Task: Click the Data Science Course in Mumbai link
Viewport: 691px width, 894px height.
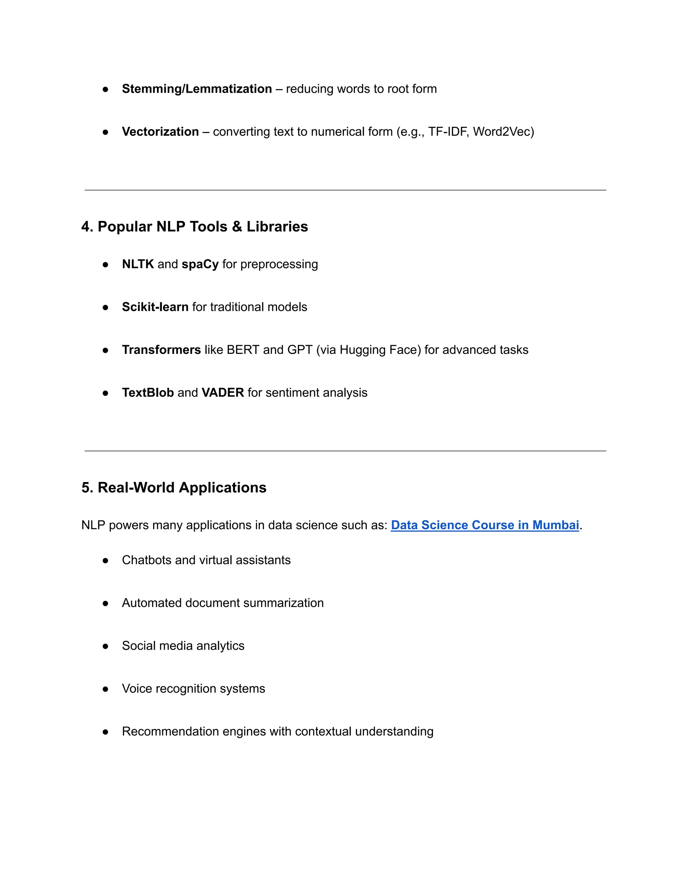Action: point(485,525)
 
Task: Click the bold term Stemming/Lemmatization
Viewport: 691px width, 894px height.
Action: point(197,89)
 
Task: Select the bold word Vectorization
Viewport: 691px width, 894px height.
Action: point(160,132)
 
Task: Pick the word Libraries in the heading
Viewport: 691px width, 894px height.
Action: point(277,227)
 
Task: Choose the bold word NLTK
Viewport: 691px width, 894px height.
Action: point(138,264)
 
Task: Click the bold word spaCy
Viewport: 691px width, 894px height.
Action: point(200,264)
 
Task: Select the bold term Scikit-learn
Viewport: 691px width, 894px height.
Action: point(155,307)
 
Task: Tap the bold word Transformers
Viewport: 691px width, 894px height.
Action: point(161,350)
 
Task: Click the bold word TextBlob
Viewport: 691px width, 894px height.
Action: point(148,393)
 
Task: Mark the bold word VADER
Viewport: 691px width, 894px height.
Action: point(223,393)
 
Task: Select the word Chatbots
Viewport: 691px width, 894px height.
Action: point(146,560)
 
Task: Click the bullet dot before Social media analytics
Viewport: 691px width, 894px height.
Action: point(106,646)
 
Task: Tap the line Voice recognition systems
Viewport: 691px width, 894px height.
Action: point(193,689)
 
